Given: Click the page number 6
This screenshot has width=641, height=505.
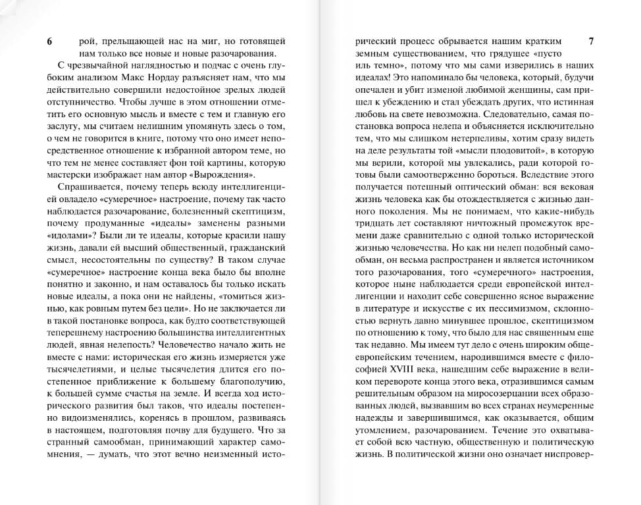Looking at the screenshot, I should point(49,41).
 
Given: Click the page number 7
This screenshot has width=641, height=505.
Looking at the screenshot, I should point(590,41).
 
